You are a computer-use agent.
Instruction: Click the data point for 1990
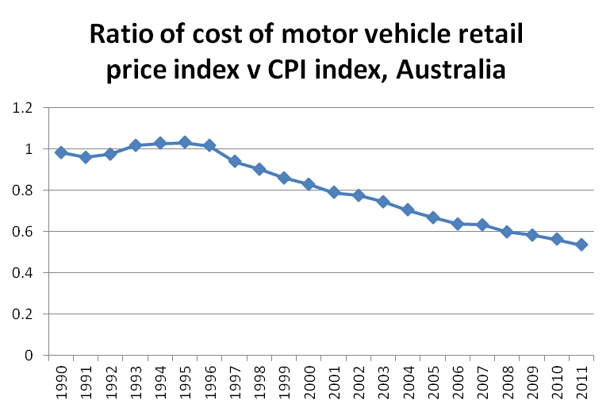[60, 152]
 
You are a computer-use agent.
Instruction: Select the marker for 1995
[185, 142]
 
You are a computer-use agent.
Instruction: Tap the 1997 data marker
[235, 161]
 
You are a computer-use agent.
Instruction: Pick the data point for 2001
[334, 192]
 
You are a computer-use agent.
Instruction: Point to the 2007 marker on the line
[482, 225]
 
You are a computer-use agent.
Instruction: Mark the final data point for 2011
[581, 245]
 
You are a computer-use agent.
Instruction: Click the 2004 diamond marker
[408, 210]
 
